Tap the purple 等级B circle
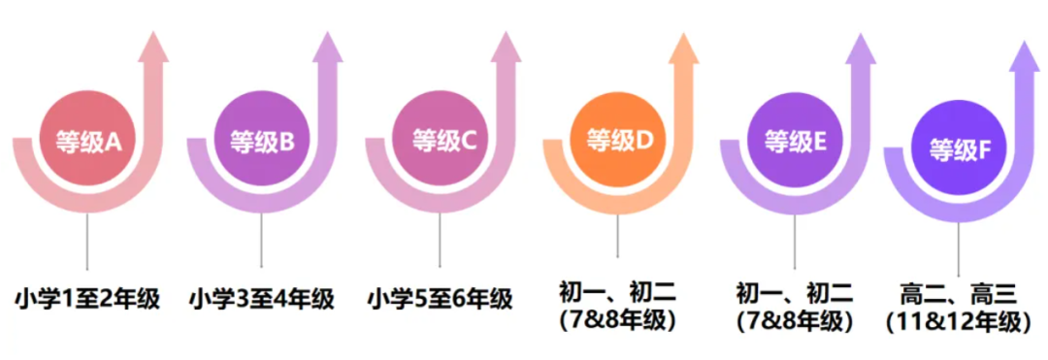coord(261,143)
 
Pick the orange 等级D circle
coord(618,141)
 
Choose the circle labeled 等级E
coord(795,142)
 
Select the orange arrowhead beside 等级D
coord(684,47)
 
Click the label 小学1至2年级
coord(87,298)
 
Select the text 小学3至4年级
coord(261,298)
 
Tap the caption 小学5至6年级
coord(440,298)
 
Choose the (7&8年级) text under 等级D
coord(617,318)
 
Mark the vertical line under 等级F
coord(959,247)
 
